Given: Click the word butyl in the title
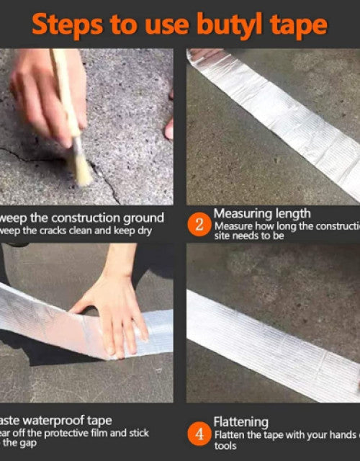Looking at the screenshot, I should [227, 26].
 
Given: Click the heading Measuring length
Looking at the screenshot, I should [262, 213].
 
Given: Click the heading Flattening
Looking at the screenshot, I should [241, 422].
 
